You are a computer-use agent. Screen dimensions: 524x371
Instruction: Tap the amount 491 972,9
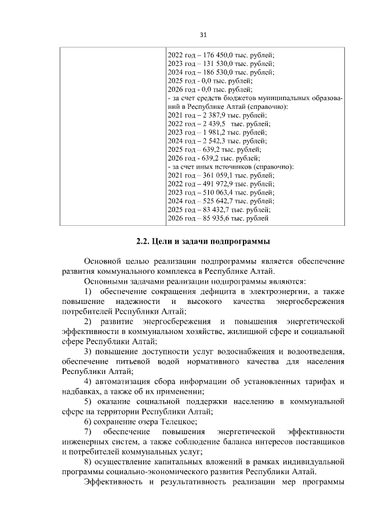point(214,184)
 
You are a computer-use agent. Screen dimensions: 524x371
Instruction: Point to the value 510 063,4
point(214,193)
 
